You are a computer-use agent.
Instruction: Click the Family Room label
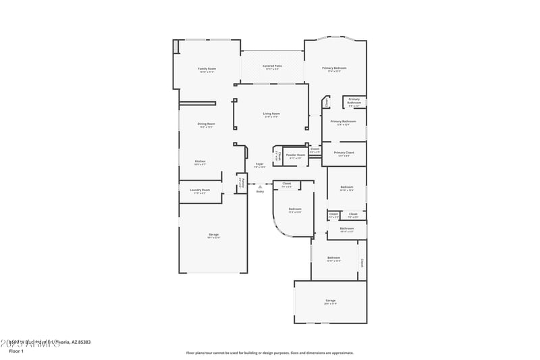207,69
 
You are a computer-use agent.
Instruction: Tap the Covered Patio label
273,66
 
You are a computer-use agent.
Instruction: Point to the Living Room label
271,113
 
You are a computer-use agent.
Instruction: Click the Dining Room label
206,124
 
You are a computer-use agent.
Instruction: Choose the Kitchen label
200,161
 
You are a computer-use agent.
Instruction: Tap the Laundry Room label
200,190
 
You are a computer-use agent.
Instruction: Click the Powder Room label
296,155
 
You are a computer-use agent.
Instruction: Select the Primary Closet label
344,153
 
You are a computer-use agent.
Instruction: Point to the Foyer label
259,164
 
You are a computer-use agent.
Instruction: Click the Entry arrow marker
260,186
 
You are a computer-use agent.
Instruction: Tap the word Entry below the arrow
260,192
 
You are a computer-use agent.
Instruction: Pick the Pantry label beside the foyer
241,182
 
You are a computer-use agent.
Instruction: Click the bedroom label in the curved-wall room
295,209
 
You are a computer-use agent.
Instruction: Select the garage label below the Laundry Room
213,234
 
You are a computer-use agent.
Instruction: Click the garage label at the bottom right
331,301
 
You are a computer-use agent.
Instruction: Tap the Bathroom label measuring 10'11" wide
347,229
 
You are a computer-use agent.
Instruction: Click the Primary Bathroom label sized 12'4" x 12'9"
344,121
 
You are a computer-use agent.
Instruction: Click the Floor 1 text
16,351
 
